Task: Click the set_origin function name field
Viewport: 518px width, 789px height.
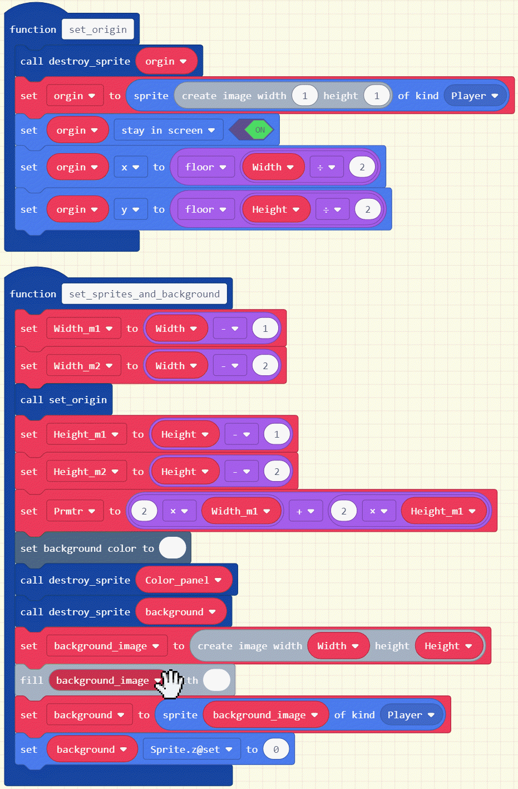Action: click(x=98, y=30)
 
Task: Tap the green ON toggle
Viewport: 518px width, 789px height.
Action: click(x=259, y=130)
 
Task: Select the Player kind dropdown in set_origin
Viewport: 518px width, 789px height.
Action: click(x=474, y=96)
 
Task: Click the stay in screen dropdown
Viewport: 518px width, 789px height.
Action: click(x=168, y=130)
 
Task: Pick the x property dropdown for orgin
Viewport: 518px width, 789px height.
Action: click(x=130, y=167)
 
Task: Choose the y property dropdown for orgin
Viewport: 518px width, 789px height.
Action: click(x=130, y=209)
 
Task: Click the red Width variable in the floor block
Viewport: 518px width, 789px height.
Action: click(x=273, y=167)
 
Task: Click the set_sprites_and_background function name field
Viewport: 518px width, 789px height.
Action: click(x=144, y=294)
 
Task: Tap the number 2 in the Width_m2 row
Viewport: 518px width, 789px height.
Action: click(x=265, y=366)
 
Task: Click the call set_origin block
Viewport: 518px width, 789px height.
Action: click(x=63, y=400)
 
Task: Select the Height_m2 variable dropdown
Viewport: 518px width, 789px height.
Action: click(x=86, y=472)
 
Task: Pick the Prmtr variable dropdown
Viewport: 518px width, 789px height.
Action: click(x=75, y=511)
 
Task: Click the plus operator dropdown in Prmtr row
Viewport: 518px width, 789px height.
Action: click(x=305, y=511)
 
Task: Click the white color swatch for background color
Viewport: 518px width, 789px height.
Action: click(x=172, y=548)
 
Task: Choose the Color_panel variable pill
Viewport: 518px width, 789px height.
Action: click(x=183, y=580)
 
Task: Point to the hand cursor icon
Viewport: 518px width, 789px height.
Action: click(x=170, y=683)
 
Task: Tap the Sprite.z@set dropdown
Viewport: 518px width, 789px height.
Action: click(x=191, y=749)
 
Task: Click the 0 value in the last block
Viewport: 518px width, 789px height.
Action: click(x=276, y=749)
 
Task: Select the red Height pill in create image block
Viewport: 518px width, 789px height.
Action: click(x=448, y=646)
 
